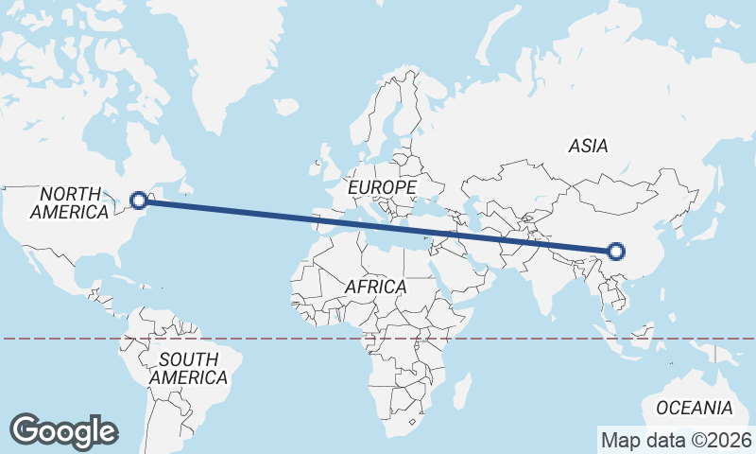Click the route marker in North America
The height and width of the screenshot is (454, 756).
(x=139, y=201)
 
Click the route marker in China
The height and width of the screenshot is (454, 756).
(x=616, y=251)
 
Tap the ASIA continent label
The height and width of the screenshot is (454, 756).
(x=588, y=147)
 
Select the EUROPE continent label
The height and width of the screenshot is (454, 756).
(x=382, y=188)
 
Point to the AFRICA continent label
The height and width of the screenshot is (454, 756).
(x=375, y=286)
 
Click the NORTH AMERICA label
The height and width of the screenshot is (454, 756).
(x=69, y=203)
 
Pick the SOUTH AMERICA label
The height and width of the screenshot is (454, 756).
(x=188, y=369)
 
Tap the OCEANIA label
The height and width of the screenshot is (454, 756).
(x=695, y=409)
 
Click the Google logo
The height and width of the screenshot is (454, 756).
(x=64, y=430)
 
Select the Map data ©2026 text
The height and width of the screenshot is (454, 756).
(x=676, y=440)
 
